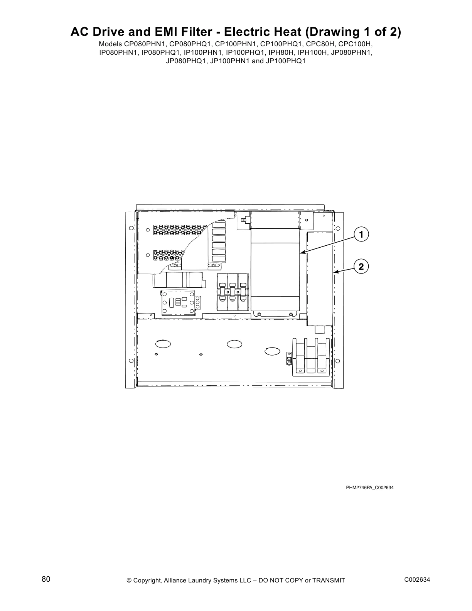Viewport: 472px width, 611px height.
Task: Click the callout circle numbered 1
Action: [361, 235]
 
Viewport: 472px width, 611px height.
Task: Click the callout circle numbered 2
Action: [361, 266]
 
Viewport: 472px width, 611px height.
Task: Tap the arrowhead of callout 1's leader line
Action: [301, 253]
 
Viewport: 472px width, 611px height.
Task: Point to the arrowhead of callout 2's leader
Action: [334, 273]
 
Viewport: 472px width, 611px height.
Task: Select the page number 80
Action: [46, 579]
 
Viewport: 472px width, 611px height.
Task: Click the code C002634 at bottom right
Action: [417, 580]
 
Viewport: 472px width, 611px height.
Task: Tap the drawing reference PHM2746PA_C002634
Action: [369, 488]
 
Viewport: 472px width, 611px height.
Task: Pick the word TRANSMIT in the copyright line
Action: [328, 581]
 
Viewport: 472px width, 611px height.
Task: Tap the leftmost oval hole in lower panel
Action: [163, 343]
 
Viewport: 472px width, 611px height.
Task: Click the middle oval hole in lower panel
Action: [234, 344]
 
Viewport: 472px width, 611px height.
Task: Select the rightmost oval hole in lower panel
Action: [273, 351]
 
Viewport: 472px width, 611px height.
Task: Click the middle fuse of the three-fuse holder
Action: [232, 292]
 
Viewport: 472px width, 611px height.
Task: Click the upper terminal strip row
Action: [177, 230]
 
